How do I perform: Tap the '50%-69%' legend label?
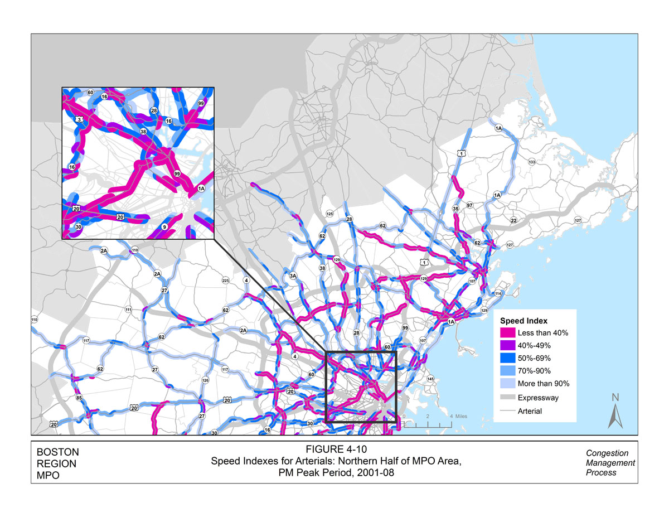pos(534,359)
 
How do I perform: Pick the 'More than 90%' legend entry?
pos(543,384)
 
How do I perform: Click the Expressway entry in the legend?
pos(538,398)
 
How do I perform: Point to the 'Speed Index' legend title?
pos(523,321)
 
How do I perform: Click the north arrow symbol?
pos(615,411)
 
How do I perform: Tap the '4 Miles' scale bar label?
pos(458,417)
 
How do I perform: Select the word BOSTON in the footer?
pos(57,452)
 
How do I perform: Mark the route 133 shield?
pos(531,162)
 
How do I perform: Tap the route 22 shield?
pos(513,221)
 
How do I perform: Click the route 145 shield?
pos(430,379)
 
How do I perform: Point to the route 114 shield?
pos(498,293)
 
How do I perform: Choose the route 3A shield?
pos(293,275)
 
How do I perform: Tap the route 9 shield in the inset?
pos(164,227)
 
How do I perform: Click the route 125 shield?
pos(329,214)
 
